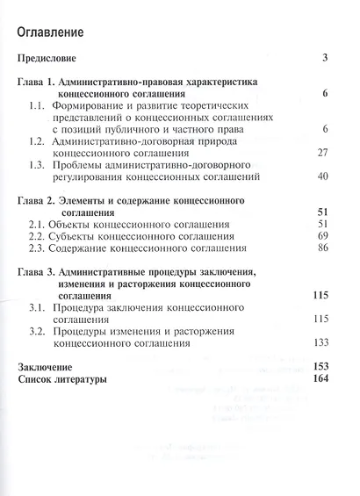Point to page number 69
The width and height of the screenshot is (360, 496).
coord(320,237)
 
